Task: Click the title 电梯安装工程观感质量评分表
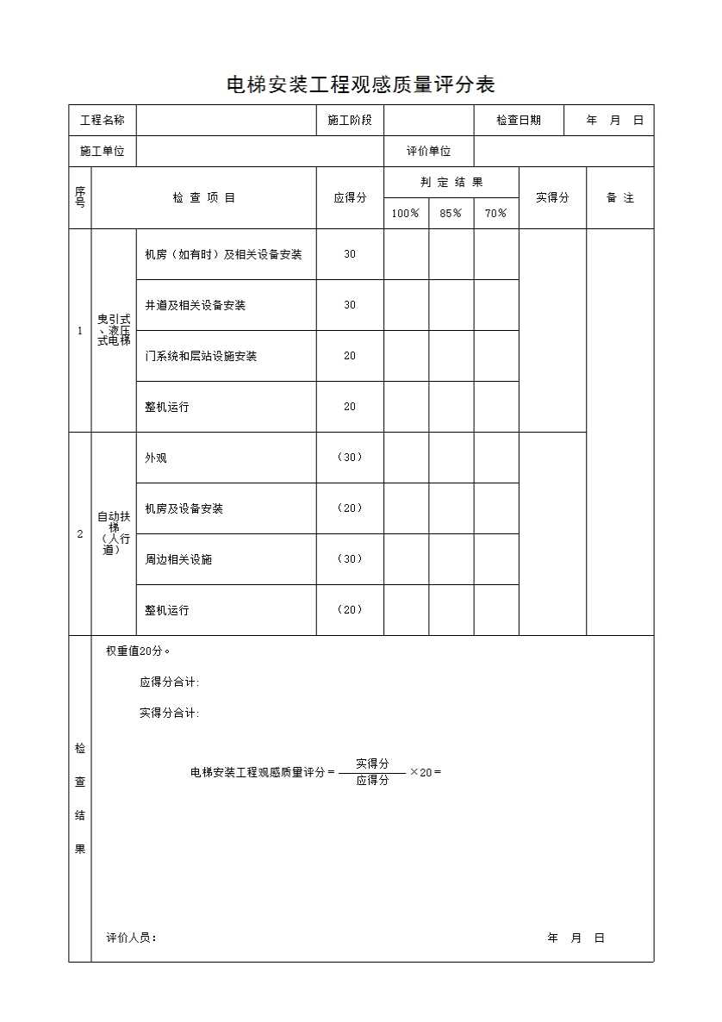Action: [x=360, y=85]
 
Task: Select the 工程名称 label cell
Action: [x=103, y=121]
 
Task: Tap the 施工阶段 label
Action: [x=350, y=121]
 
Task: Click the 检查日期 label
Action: [x=519, y=121]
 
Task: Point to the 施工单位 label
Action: [x=103, y=152]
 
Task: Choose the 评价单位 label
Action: [x=429, y=152]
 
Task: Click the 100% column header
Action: [x=406, y=214]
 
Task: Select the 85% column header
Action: [x=451, y=214]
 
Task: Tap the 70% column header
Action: [x=496, y=214]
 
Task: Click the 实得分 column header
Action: [x=552, y=198]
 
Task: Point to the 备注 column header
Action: [x=619, y=198]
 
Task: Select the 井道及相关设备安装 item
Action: [x=196, y=305]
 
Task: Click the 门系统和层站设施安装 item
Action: [x=201, y=356]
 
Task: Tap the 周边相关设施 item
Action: [x=178, y=559]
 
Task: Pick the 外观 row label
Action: [x=156, y=458]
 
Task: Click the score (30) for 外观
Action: [x=350, y=458]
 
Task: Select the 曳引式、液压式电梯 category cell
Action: [x=114, y=330]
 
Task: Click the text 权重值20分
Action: [x=138, y=651]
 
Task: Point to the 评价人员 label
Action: [x=131, y=938]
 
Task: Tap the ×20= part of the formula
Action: [x=426, y=772]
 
